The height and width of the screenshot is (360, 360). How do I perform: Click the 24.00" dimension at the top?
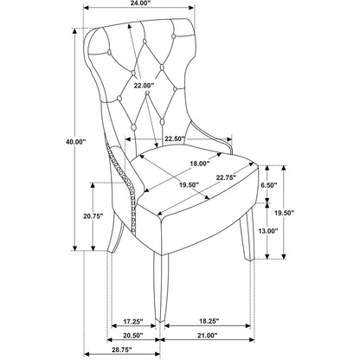pyautogui.click(x=138, y=3)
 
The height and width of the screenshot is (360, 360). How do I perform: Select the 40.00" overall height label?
pyautogui.click(x=76, y=141)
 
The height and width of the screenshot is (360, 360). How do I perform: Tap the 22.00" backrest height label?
pyautogui.click(x=144, y=86)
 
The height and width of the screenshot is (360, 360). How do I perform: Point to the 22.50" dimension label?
pyautogui.click(x=175, y=138)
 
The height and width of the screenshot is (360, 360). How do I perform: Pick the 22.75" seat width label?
pyautogui.click(x=227, y=177)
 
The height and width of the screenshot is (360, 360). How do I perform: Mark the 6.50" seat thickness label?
pyautogui.click(x=269, y=185)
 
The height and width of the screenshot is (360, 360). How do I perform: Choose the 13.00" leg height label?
pyautogui.click(x=268, y=230)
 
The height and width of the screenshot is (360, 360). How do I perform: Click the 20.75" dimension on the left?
pyautogui.click(x=93, y=216)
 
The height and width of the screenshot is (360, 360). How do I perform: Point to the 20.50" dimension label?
pyautogui.click(x=133, y=336)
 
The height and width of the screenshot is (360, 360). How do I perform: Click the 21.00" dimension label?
pyautogui.click(x=207, y=336)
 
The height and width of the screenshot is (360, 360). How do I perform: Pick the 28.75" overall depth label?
pyautogui.click(x=122, y=350)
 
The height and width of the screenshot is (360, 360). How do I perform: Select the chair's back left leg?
pyautogui.click(x=115, y=233)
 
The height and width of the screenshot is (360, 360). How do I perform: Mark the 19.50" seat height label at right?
pyautogui.click(x=284, y=213)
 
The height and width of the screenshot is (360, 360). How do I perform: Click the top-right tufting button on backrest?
pyautogui.click(x=174, y=36)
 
